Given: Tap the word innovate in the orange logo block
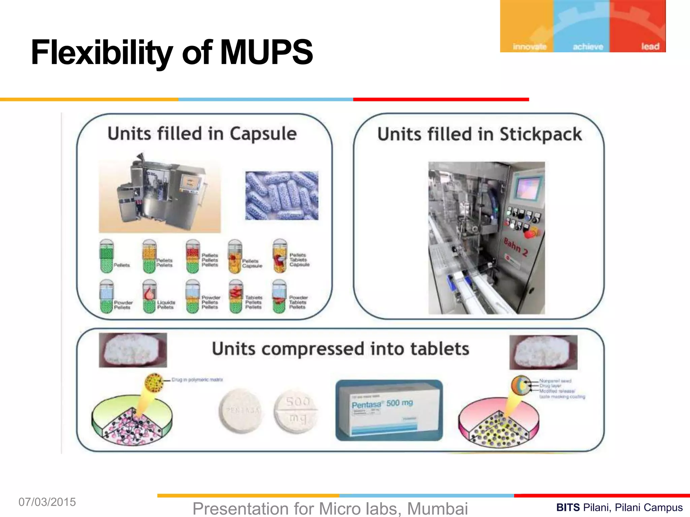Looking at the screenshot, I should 529,46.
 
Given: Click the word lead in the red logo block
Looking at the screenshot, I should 650,46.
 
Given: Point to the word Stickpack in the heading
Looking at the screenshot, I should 540,135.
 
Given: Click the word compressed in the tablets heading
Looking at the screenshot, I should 313,349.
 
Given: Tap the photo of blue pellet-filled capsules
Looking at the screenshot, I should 282,196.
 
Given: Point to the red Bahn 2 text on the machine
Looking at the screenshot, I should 515,246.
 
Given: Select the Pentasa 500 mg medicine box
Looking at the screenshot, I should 389,410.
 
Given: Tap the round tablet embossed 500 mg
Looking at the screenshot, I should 296,411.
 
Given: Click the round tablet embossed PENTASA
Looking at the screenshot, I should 242,411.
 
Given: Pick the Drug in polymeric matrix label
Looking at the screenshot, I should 197,380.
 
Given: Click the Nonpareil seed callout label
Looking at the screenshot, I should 555,381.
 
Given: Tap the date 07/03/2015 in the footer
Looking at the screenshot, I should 47,502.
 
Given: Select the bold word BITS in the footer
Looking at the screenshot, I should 568,508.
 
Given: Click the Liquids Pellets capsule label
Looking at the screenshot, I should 166,305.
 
